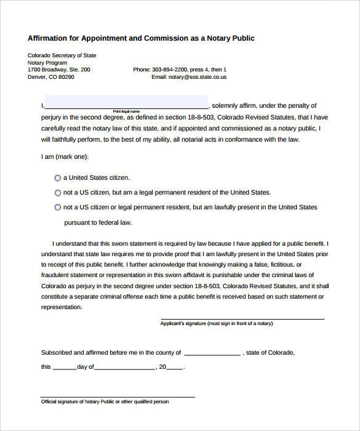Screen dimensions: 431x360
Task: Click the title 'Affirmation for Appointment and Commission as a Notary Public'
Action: pos(141,38)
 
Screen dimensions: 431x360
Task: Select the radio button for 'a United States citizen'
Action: pos(58,177)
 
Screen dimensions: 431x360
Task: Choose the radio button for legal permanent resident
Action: pos(58,192)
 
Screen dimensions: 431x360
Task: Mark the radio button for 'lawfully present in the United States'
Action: pos(58,207)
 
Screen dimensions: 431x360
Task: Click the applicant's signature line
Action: pos(242,318)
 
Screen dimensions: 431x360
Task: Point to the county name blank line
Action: pos(212,355)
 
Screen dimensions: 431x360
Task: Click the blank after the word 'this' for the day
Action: pos(65,368)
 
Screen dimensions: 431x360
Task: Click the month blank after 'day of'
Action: pos(125,368)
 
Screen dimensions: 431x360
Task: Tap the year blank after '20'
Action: pos(175,368)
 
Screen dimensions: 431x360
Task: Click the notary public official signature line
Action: pos(118,397)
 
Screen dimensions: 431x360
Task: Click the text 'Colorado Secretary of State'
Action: pos(62,55)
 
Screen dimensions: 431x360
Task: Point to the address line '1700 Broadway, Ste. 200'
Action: pos(59,70)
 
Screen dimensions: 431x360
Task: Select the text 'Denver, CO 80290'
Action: pos(51,77)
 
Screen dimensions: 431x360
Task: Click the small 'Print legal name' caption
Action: pos(126,111)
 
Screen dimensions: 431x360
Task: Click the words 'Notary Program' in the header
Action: pos(47,63)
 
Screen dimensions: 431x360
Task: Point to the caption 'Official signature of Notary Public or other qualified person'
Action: pos(105,401)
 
